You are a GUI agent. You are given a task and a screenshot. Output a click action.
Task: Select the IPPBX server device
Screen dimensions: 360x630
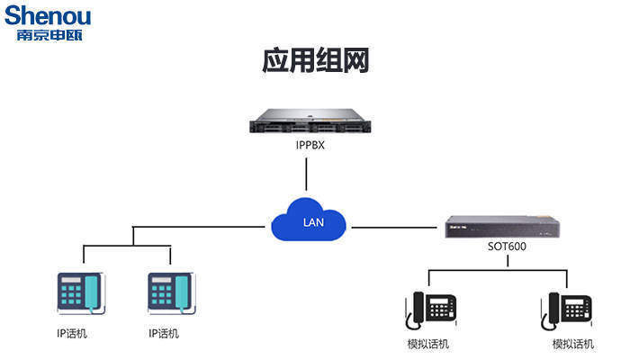[310, 120]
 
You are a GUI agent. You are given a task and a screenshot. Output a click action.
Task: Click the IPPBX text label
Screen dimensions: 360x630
[310, 143]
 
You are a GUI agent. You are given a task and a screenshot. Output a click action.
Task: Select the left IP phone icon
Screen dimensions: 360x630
[80, 293]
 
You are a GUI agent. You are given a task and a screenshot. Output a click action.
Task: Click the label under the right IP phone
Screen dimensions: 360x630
[164, 334]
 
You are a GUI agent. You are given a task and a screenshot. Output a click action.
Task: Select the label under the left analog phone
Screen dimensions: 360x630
[428, 345]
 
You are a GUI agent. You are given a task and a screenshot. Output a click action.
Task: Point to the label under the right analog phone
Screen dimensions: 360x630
[572, 345]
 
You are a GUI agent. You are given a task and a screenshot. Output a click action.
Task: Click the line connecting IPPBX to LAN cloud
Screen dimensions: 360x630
[310, 175]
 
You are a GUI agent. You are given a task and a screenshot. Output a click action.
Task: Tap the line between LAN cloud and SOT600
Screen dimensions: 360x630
[396, 228]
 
